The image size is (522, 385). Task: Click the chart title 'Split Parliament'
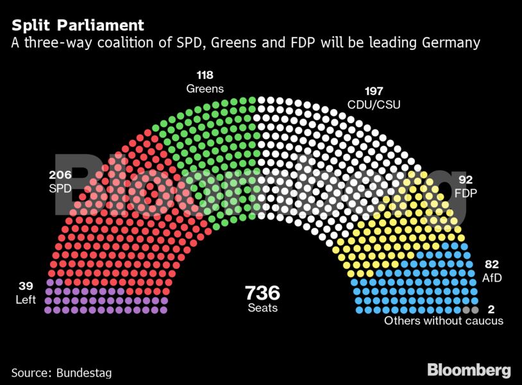78,26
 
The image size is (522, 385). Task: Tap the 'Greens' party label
205,89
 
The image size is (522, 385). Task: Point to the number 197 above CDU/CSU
373,91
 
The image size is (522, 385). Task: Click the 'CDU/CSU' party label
373,103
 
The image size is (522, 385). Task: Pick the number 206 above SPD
61,175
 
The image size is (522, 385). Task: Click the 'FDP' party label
465,193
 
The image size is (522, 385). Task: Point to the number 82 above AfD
492,264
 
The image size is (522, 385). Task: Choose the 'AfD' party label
491,277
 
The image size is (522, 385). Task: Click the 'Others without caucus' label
443,321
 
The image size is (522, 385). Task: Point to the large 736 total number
262,293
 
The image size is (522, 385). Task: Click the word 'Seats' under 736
262,308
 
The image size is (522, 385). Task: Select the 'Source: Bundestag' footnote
57,372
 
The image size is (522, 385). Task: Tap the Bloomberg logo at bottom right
469,370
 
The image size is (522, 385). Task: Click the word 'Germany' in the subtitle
450,43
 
